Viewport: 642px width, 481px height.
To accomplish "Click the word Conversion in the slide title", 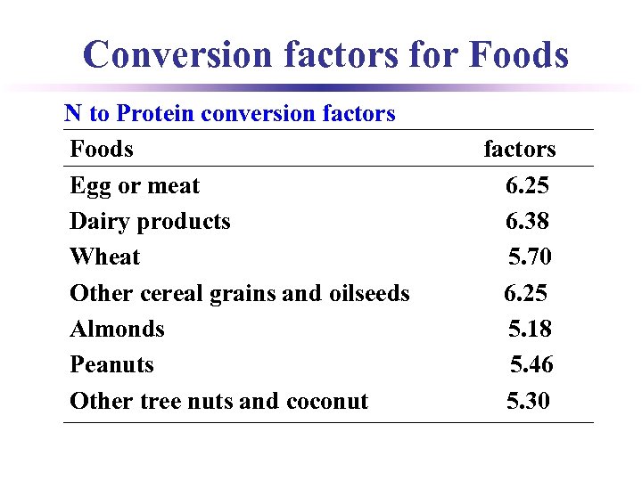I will click(x=177, y=55).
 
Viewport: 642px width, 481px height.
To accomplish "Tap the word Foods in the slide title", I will click(x=518, y=55).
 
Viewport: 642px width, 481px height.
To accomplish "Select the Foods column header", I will click(x=102, y=149).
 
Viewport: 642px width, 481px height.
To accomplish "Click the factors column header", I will click(x=519, y=149).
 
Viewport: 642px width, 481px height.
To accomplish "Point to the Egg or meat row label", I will click(x=135, y=186).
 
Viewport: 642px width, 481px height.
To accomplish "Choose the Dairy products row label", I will click(x=150, y=222).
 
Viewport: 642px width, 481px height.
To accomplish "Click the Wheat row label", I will click(x=105, y=257).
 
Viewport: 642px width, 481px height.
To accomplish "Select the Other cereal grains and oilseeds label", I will click(x=240, y=293).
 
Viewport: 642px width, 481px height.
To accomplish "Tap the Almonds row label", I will click(x=118, y=329).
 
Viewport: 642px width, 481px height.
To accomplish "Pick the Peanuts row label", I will click(x=111, y=365).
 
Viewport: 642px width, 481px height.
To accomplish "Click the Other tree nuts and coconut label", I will click(x=218, y=401).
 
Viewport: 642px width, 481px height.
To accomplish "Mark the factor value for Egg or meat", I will click(x=527, y=186).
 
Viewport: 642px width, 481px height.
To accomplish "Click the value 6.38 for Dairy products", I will click(x=527, y=222).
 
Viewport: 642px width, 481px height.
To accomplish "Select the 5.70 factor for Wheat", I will click(x=530, y=257).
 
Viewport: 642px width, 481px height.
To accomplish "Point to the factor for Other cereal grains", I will click(x=525, y=293).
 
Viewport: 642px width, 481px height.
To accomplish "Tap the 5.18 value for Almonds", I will click(x=530, y=329).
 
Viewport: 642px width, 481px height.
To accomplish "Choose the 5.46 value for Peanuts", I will click(x=531, y=365).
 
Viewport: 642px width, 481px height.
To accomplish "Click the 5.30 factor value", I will click(x=528, y=401).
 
